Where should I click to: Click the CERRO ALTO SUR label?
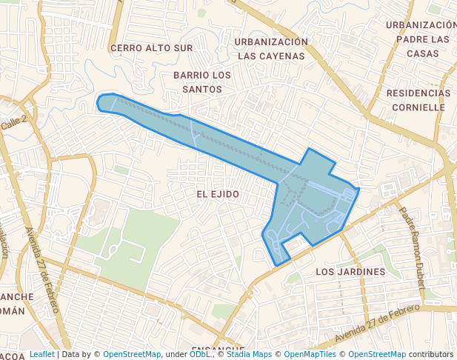(151, 48)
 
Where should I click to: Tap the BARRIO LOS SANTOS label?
(201, 82)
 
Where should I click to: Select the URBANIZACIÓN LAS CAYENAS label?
(271, 48)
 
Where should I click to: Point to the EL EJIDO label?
(218, 194)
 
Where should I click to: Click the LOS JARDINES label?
(350, 272)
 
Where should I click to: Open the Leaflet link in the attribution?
(41, 355)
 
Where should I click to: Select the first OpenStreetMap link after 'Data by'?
(132, 355)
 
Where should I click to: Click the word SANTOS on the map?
(201, 89)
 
